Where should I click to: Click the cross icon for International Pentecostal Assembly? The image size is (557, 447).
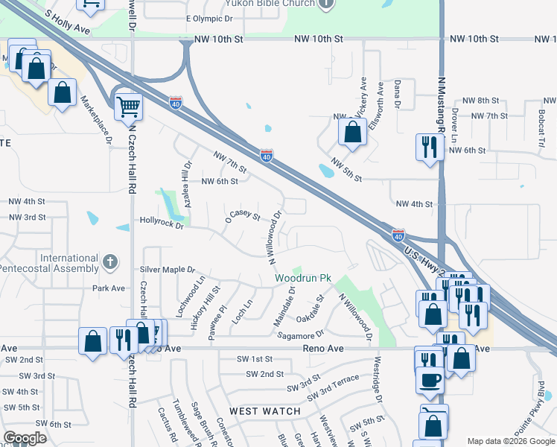point(110,261)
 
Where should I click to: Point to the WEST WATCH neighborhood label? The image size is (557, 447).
point(265,411)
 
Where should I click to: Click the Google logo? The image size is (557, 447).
point(25,438)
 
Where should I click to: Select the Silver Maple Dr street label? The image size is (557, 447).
point(167,270)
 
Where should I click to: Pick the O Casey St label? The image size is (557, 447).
point(243,217)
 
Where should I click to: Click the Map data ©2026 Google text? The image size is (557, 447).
point(510,441)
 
